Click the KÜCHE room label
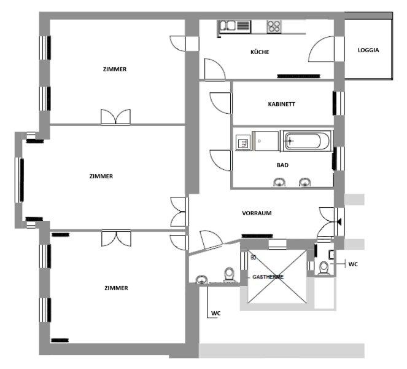tap(260, 52)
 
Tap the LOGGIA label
tap(368, 50)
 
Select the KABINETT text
tap(281, 104)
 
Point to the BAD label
tap(282, 165)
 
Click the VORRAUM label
tap(257, 213)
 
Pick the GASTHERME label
tap(268, 277)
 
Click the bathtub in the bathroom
tap(306, 141)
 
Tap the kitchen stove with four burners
tap(274, 27)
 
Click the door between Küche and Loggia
tap(321, 49)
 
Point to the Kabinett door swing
tap(220, 103)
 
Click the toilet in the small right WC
tap(324, 268)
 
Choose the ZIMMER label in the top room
tap(115, 69)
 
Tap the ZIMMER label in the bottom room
tap(116, 288)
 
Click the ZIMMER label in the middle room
tap(101, 176)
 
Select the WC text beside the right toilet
tap(353, 264)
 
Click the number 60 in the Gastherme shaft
tap(254, 258)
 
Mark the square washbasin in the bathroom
tap(243, 143)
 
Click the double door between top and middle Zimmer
tap(115, 117)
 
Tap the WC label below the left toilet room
tap(215, 314)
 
